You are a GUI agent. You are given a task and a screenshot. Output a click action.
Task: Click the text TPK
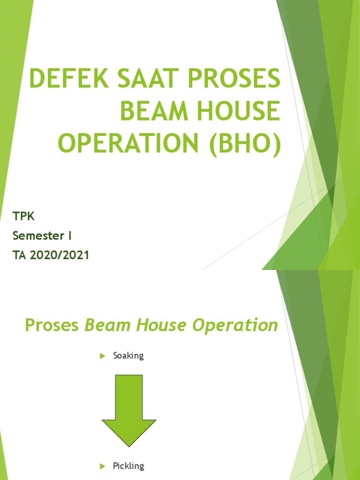(23, 217)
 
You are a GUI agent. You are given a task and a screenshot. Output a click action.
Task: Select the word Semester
(38, 236)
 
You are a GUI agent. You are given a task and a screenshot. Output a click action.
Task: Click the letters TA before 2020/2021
(20, 255)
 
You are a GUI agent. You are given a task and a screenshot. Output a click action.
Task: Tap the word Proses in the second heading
(52, 325)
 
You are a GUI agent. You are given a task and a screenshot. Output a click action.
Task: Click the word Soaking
(128, 356)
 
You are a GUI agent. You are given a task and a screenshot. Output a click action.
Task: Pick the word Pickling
(128, 466)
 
